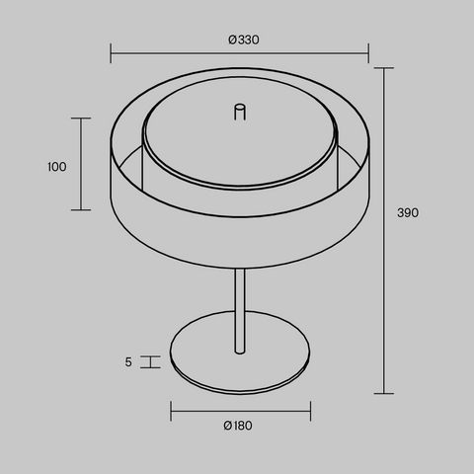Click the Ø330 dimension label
pyautogui.click(x=244, y=39)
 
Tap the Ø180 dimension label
pyautogui.click(x=238, y=426)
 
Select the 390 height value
pyautogui.click(x=408, y=212)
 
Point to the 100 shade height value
pyautogui.click(x=57, y=167)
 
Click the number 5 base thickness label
pyautogui.click(x=128, y=362)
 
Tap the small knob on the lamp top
pyautogui.click(x=240, y=112)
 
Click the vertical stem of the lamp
pyautogui.click(x=240, y=311)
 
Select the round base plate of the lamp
pyautogui.click(x=240, y=353)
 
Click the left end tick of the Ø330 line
pyautogui.click(x=111, y=53)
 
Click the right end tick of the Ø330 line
pyautogui.click(x=368, y=53)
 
